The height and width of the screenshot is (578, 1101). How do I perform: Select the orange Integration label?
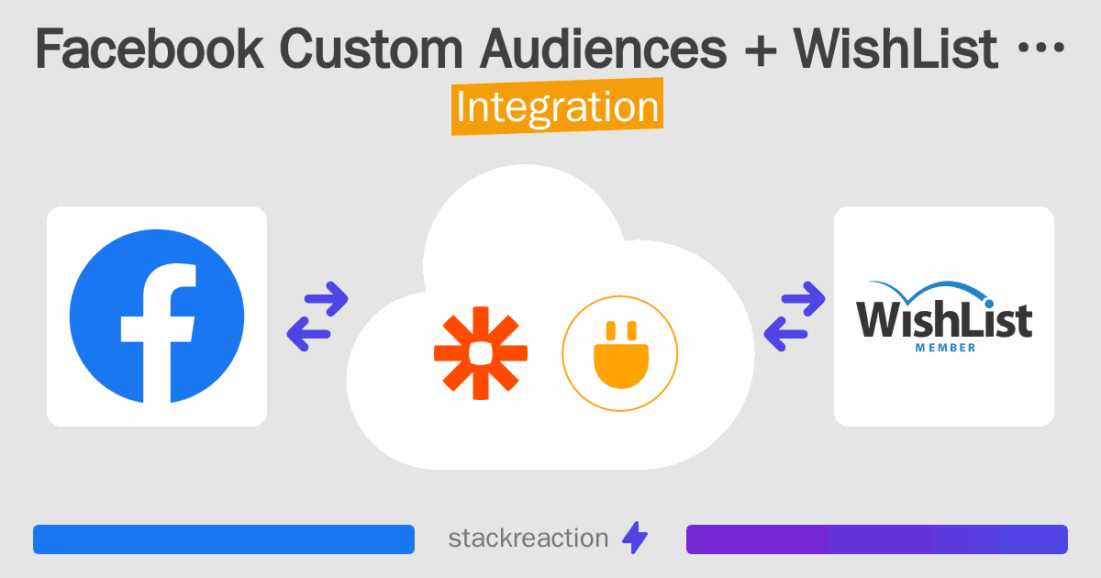(x=557, y=106)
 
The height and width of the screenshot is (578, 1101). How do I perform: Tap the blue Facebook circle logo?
(x=157, y=317)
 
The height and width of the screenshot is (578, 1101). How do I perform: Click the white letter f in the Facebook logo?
(x=161, y=330)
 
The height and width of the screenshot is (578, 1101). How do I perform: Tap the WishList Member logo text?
(x=943, y=321)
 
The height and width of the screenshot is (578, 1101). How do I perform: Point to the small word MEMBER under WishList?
(x=945, y=348)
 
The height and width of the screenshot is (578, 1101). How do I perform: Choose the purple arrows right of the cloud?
(x=795, y=317)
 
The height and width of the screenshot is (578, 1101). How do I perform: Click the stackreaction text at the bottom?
(x=528, y=539)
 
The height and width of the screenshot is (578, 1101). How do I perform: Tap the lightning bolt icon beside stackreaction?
(x=634, y=539)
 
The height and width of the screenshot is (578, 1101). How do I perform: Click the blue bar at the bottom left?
(x=224, y=539)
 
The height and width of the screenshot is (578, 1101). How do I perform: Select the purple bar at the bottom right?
(x=876, y=539)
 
